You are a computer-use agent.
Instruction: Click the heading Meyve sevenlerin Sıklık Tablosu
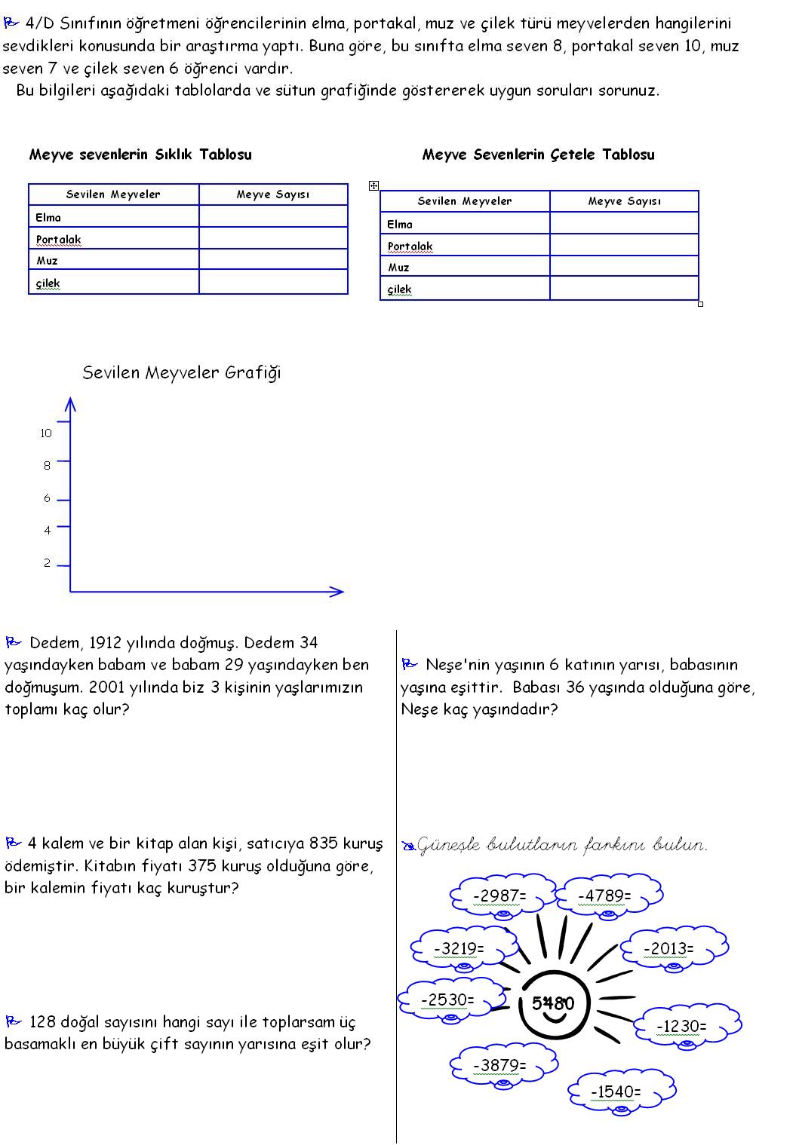140,155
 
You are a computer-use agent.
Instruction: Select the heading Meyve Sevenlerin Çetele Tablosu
538,155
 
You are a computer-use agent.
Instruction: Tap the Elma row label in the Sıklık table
48,217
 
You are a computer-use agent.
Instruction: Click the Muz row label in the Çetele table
399,267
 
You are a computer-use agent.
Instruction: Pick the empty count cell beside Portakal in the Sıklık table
273,239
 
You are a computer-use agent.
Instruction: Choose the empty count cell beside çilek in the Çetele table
624,289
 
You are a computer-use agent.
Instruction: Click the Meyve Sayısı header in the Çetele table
624,201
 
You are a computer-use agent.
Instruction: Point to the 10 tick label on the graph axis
46,433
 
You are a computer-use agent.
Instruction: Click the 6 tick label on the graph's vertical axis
47,498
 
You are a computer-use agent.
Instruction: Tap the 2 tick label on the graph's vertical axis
47,563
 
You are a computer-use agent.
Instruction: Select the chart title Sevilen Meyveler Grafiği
181,372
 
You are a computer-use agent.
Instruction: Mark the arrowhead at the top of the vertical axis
70,404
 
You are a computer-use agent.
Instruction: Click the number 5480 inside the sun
553,1003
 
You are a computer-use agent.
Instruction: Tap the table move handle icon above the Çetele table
373,185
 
